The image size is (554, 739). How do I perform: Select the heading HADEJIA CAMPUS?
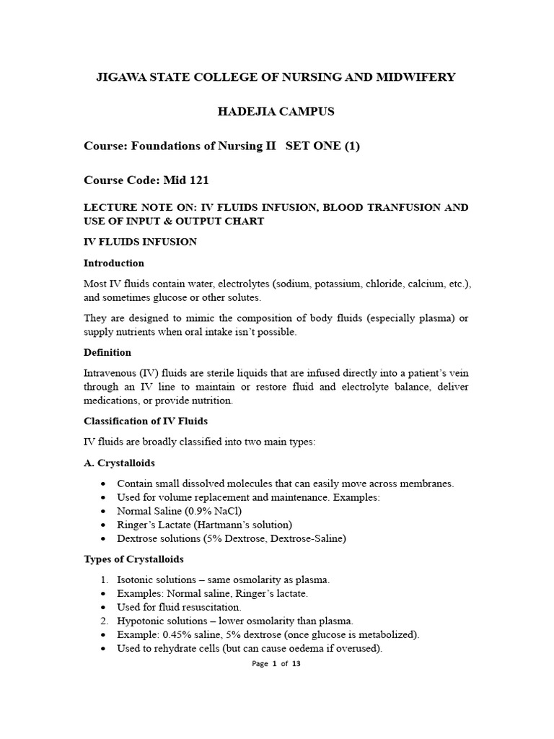pos(276,112)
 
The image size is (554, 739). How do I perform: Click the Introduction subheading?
pos(114,263)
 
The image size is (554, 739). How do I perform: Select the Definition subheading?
pos(107,353)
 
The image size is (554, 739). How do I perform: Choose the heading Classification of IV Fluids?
pos(146,421)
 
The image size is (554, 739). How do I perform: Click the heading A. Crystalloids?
pos(119,463)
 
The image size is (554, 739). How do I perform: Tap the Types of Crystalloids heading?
pos(133,559)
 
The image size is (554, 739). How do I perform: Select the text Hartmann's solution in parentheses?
pos(245,525)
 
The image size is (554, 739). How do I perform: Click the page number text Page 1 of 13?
pos(276,664)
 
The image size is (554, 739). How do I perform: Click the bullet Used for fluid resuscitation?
pos(179,607)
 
